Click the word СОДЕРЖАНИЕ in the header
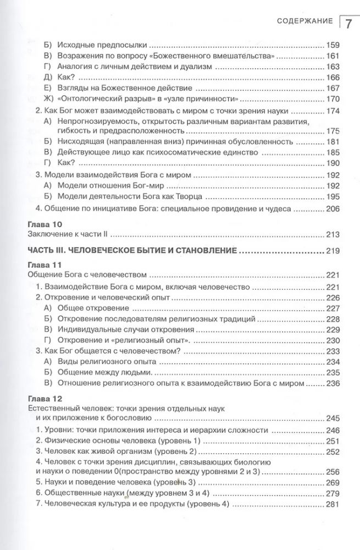click(x=303, y=21)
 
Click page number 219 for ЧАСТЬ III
click(x=333, y=251)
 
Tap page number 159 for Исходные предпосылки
click(x=333, y=45)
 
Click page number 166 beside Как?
click(x=333, y=77)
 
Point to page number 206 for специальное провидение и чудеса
click(x=333, y=208)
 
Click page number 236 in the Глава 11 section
click(x=333, y=383)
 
